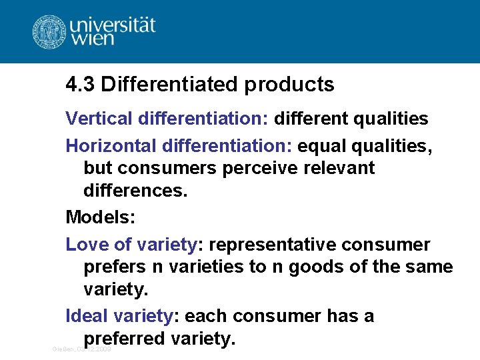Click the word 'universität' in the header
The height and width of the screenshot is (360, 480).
pyautogui.click(x=113, y=25)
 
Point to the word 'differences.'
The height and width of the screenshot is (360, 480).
pyautogui.click(x=136, y=191)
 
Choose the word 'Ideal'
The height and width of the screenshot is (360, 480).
pyautogui.click(x=87, y=316)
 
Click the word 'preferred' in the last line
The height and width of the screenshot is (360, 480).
pyautogui.click(x=124, y=339)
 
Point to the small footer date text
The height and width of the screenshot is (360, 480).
pyautogui.click(x=81, y=349)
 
